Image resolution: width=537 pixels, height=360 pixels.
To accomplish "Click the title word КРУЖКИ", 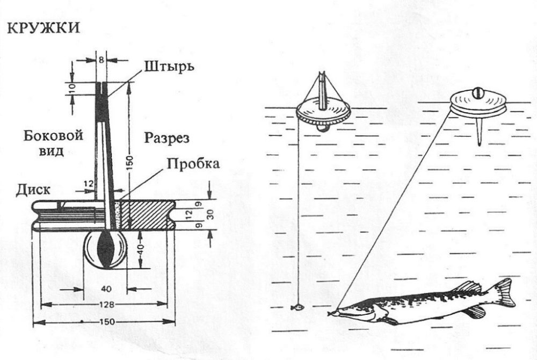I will [x=43, y=28].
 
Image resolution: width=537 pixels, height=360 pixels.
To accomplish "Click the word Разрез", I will [x=167, y=138].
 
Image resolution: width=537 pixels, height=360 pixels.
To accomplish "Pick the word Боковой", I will [x=54, y=136].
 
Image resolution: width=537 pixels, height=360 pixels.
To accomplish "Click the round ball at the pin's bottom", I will [x=106, y=250].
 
